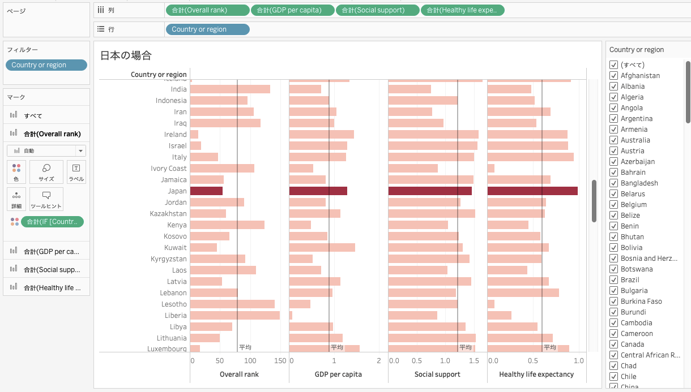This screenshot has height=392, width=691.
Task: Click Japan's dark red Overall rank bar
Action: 206,191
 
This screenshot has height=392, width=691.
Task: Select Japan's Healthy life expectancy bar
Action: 532,191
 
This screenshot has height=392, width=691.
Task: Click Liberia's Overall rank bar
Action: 234,316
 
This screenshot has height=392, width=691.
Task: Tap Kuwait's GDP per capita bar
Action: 322,248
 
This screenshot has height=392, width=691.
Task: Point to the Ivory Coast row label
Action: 168,169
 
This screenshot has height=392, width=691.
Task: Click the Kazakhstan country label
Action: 168,214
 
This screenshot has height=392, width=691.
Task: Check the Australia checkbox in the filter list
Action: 613,140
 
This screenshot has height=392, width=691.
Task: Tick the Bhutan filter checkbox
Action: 613,237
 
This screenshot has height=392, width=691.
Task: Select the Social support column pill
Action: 377,10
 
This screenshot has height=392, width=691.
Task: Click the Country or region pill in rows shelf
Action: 207,29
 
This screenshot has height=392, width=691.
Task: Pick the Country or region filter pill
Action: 46,65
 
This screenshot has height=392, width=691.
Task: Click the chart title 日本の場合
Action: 126,55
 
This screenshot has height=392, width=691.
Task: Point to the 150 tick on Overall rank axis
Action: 280,360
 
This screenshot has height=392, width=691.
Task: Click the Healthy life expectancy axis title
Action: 536,374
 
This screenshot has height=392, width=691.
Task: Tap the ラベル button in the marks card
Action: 76,172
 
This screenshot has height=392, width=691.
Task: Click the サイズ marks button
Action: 46,172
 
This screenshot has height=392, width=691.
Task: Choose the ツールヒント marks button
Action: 46,199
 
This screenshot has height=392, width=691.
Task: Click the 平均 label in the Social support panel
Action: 465,347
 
